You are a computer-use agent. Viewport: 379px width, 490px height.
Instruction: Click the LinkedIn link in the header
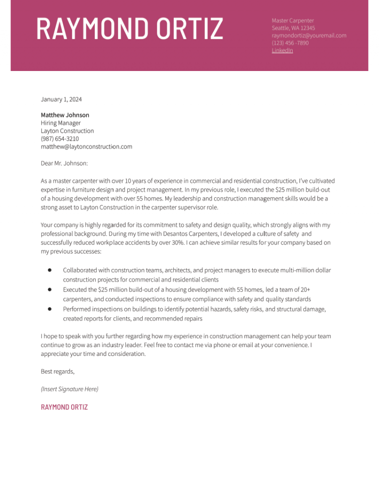tap(282, 50)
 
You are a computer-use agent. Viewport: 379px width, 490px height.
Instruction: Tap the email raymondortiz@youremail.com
tap(309, 35)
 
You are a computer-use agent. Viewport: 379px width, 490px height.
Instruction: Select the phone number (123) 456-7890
tap(290, 43)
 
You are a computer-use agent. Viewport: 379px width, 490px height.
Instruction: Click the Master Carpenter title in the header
tap(293, 20)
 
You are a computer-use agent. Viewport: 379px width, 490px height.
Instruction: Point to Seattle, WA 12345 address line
tap(293, 28)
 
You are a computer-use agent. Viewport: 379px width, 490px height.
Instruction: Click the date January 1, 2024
tap(61, 100)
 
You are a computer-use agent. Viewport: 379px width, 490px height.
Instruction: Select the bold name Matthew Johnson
tap(65, 115)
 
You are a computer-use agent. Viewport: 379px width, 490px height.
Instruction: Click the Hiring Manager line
tap(61, 123)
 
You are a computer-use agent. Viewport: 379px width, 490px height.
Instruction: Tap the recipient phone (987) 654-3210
tap(60, 139)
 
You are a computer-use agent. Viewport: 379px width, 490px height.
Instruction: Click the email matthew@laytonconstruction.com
tap(86, 146)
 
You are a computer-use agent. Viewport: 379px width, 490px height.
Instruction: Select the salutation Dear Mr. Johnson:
tap(64, 162)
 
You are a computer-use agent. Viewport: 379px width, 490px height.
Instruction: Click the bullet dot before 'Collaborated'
tap(50, 270)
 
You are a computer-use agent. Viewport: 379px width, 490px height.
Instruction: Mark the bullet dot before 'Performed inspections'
tap(50, 309)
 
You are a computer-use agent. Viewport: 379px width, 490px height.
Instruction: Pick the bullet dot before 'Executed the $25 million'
tap(50, 289)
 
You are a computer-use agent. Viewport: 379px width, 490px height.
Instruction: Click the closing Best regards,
tap(58, 371)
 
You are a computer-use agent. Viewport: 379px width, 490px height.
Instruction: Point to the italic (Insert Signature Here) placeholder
tap(70, 389)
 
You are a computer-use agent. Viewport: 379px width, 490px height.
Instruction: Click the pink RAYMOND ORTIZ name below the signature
tap(64, 407)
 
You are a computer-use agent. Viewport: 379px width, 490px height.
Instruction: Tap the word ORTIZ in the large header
tap(190, 29)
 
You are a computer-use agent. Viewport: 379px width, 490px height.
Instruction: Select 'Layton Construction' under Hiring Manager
tap(67, 131)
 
